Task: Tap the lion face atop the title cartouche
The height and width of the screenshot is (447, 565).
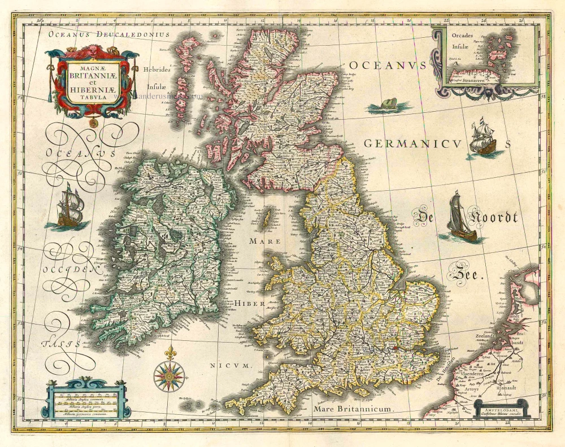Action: point(92,52)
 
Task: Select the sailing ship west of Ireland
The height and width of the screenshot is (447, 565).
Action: point(69,207)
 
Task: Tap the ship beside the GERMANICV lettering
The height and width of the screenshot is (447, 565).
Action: point(482,138)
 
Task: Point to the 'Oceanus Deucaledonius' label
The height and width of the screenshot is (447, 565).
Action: point(109,34)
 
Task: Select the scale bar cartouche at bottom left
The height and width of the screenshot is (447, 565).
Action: point(88,402)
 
